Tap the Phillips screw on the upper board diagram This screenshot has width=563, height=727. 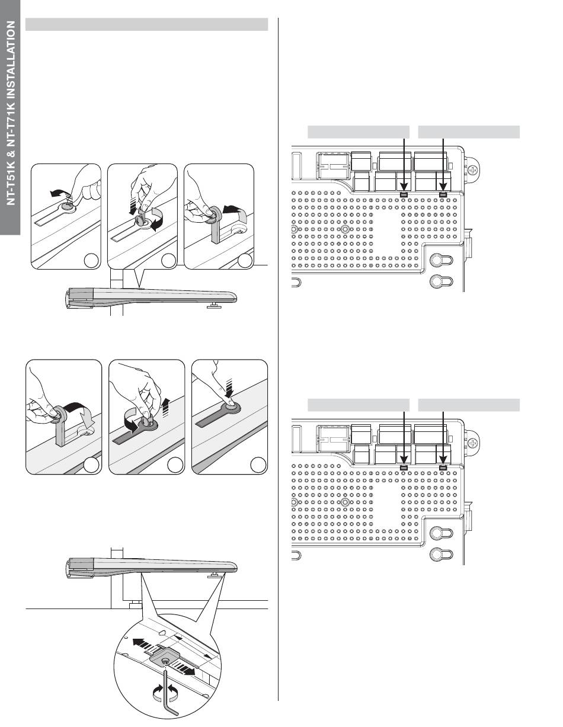(472, 171)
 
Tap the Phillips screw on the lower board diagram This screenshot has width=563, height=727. (472, 444)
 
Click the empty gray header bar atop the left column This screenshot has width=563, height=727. (146, 24)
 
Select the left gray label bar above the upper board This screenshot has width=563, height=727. (359, 132)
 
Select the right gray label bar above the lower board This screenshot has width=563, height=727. (469, 405)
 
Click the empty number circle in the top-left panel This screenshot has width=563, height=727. (91, 261)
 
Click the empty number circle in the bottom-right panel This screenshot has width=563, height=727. (258, 465)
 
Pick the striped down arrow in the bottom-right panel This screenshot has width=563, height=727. (229, 389)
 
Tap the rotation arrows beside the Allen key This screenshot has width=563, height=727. (165, 692)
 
